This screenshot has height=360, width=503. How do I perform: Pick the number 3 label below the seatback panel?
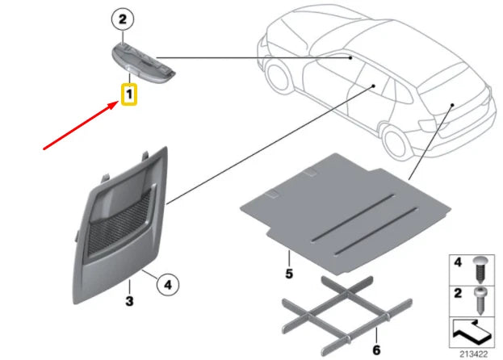(x=129, y=300)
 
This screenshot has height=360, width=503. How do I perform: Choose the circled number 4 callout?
(x=167, y=284)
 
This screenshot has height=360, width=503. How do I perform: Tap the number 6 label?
(x=375, y=350)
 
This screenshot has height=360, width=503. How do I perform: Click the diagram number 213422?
(x=474, y=353)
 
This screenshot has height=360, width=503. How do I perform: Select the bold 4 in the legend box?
(x=456, y=262)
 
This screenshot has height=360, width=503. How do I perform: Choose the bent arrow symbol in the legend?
(x=471, y=329)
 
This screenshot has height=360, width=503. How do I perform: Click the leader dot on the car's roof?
(x=350, y=57)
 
